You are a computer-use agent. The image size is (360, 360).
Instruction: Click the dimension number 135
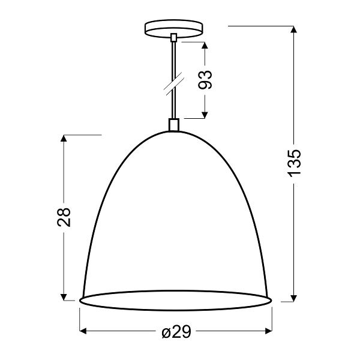pyautogui.click(x=293, y=162)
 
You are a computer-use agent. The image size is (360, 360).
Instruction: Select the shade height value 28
pyautogui.click(x=64, y=217)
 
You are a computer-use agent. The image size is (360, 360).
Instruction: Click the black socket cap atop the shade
pyautogui.click(x=174, y=125)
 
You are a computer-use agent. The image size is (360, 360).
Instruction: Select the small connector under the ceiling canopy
pyautogui.click(x=174, y=38)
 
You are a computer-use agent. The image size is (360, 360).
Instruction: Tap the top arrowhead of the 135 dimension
pyautogui.click(x=293, y=30)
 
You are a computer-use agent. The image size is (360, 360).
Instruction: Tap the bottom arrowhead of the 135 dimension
pyautogui.click(x=293, y=296)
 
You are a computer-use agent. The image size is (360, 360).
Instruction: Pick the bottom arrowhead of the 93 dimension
pyautogui.click(x=206, y=114)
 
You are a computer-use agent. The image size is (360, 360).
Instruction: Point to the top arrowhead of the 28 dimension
pyautogui.click(x=64, y=139)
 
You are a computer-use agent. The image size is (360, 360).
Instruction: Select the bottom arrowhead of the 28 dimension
pyautogui.click(x=64, y=295)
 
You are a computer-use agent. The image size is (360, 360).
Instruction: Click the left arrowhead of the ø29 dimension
pyautogui.click(x=84, y=331)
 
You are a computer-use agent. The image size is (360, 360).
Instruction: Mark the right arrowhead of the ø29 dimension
pyautogui.click(x=268, y=331)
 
